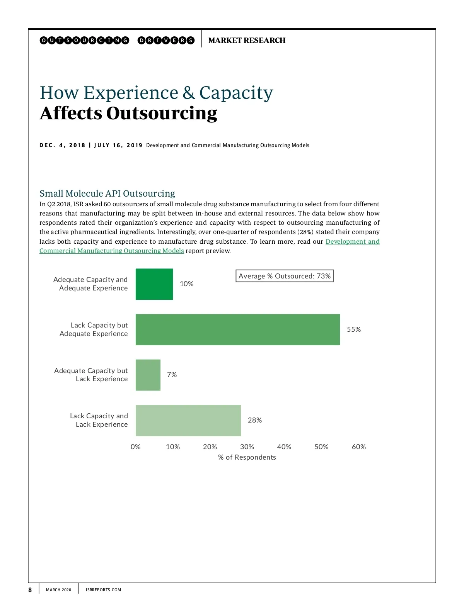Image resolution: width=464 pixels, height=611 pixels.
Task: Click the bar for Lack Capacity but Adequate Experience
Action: [237, 329]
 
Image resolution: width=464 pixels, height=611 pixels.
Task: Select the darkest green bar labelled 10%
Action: [154, 284]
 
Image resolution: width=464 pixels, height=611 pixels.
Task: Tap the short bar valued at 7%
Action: [148, 375]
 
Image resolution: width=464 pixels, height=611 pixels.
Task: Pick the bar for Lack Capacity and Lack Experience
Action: [188, 420]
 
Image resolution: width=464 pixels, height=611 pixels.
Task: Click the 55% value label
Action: [353, 329]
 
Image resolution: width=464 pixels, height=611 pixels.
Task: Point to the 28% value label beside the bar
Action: [254, 420]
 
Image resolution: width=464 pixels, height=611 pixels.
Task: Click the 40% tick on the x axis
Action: [284, 447]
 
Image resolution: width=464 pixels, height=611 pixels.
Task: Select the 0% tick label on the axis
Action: [135, 447]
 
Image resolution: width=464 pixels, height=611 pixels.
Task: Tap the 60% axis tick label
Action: [358, 447]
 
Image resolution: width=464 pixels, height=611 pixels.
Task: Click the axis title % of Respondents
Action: [247, 457]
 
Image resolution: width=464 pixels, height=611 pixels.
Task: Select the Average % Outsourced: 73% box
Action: [284, 276]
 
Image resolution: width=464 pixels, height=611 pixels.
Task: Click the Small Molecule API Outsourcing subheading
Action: [107, 193]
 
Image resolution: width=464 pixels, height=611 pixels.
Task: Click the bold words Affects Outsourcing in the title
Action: [128, 113]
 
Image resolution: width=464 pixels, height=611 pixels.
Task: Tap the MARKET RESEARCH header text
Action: [247, 40]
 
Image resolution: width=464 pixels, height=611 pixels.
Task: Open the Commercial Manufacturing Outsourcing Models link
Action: [111, 251]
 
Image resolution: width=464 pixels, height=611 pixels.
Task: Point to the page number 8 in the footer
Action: [30, 590]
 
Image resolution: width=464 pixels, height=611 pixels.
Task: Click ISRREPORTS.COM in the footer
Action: [103, 590]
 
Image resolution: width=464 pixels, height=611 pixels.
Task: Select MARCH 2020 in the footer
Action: [58, 590]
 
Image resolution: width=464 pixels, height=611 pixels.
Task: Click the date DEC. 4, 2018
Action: [62, 146]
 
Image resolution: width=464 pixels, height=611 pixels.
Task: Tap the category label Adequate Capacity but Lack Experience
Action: [91, 375]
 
